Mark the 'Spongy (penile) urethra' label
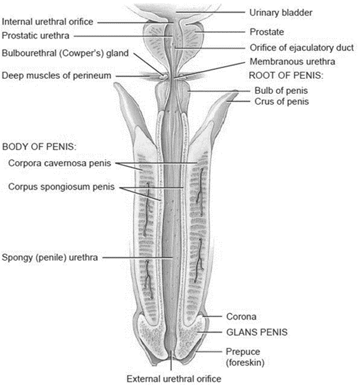(x=50, y=258)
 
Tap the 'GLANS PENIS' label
(x=257, y=331)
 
